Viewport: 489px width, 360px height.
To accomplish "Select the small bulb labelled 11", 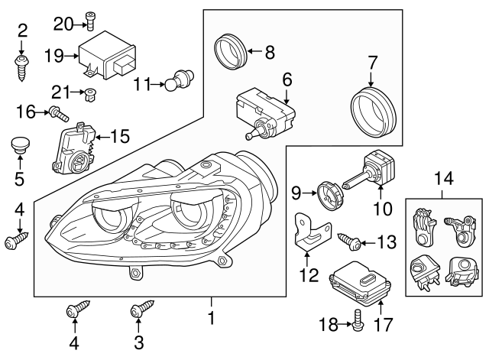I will coord(182,79).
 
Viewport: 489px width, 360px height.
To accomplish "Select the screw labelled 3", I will coord(140,310).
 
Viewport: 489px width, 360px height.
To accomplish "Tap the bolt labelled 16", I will coord(59,115).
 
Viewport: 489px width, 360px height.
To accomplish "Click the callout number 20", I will coord(63,24).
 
